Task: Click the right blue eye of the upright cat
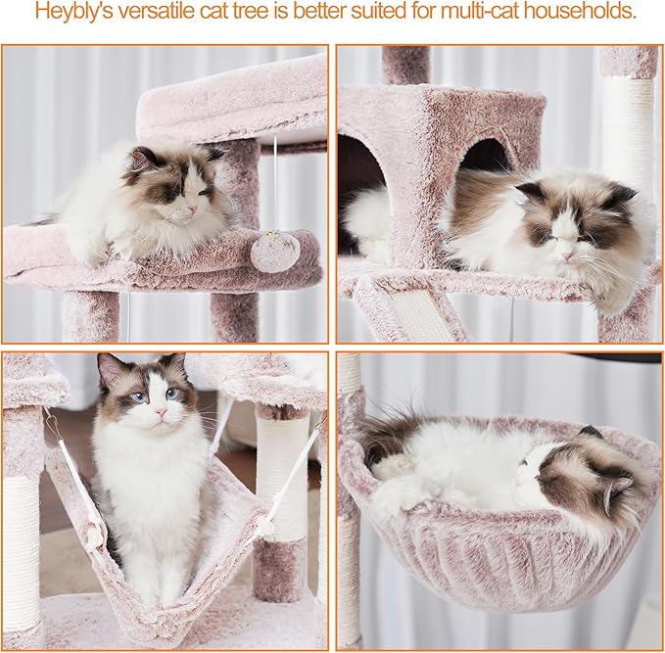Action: click(172, 394)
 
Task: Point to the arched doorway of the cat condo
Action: click(484, 157)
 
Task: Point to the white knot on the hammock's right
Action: click(263, 526)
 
